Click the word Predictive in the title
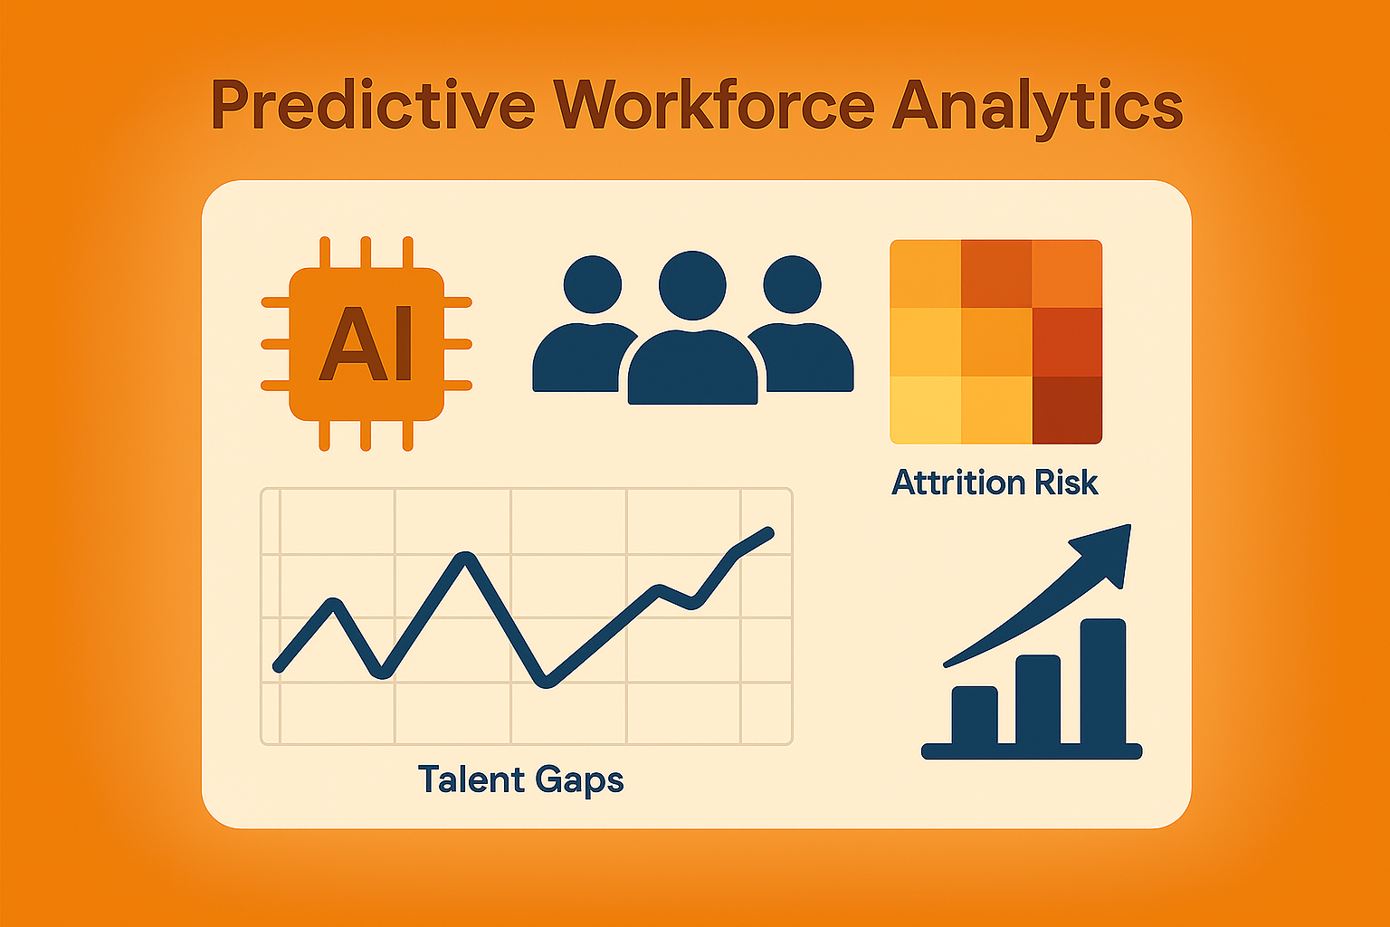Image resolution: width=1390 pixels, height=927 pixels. point(372,104)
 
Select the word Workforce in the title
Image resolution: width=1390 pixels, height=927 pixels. point(714,104)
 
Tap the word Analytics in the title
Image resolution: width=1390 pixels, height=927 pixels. point(1038,109)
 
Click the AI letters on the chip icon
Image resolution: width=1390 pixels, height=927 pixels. point(366,343)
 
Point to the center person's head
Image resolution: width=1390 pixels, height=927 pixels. point(692,285)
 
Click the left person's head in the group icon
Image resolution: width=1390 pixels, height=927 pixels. point(593,285)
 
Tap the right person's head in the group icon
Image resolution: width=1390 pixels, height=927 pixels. point(793,285)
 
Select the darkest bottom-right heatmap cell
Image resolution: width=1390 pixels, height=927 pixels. point(1067,410)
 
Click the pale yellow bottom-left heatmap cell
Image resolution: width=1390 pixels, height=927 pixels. point(925,410)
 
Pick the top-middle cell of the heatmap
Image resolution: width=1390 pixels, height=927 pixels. point(996,273)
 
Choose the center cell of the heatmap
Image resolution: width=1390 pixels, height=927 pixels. point(996,342)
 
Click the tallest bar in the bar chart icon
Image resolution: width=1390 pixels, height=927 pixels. point(1103,682)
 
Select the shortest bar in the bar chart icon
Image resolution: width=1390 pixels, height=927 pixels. point(975,715)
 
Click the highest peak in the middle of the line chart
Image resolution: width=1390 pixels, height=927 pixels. point(466,557)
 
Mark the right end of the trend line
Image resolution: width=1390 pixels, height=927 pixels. point(769,532)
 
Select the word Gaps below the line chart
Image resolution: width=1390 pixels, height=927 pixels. point(579,782)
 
